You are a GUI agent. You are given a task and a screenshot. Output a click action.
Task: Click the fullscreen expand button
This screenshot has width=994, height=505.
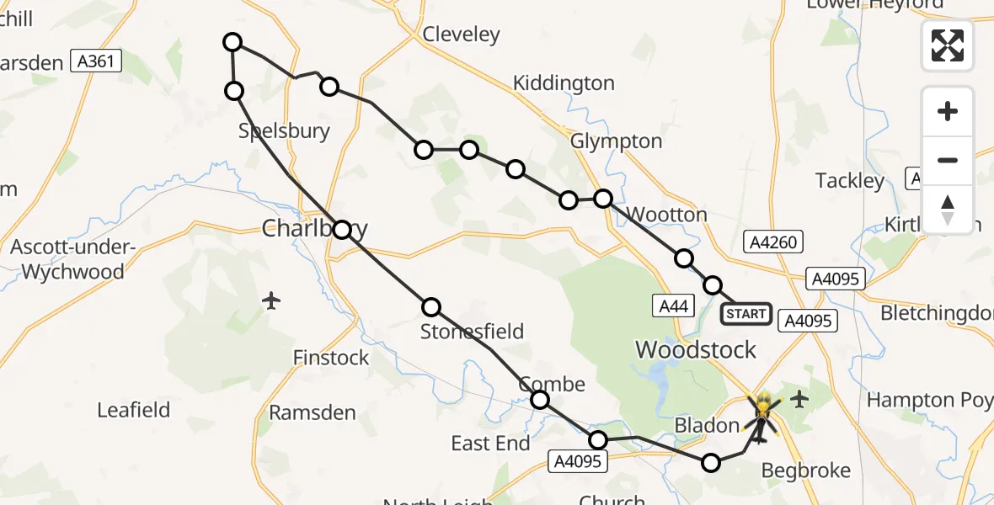click(x=948, y=45)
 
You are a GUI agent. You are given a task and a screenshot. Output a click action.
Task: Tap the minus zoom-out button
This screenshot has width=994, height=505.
click(x=948, y=160)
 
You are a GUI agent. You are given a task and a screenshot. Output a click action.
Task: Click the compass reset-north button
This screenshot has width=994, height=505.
click(x=948, y=209)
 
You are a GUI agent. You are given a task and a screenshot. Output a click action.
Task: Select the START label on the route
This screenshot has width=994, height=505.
click(x=745, y=315)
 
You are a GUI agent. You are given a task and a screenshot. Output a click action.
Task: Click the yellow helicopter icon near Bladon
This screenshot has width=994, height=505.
click(x=762, y=412)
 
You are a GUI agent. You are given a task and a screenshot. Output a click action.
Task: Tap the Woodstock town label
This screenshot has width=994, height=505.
click(x=696, y=350)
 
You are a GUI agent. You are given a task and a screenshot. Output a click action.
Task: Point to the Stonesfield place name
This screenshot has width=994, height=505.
click(x=472, y=332)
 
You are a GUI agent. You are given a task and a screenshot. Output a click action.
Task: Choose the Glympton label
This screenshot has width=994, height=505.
click(x=617, y=141)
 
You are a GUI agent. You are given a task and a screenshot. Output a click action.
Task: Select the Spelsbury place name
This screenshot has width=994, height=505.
click(x=284, y=130)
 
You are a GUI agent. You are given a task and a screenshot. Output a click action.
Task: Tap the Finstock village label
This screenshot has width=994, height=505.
click(x=331, y=358)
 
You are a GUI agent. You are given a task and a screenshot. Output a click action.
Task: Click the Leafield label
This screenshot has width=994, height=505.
click(x=133, y=410)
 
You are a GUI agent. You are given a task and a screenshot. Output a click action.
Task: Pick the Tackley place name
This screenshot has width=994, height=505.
click(x=850, y=181)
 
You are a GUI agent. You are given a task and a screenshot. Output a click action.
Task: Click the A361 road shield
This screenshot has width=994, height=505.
click(x=97, y=61)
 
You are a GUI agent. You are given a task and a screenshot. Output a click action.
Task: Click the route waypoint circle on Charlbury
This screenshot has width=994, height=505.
click(x=342, y=230)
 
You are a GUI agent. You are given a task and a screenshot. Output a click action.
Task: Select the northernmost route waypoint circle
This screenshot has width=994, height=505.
click(x=232, y=42)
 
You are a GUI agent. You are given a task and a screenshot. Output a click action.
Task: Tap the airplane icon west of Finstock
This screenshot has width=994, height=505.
click(x=271, y=300)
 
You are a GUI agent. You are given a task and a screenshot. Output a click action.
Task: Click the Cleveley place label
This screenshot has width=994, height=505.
click(x=461, y=35)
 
